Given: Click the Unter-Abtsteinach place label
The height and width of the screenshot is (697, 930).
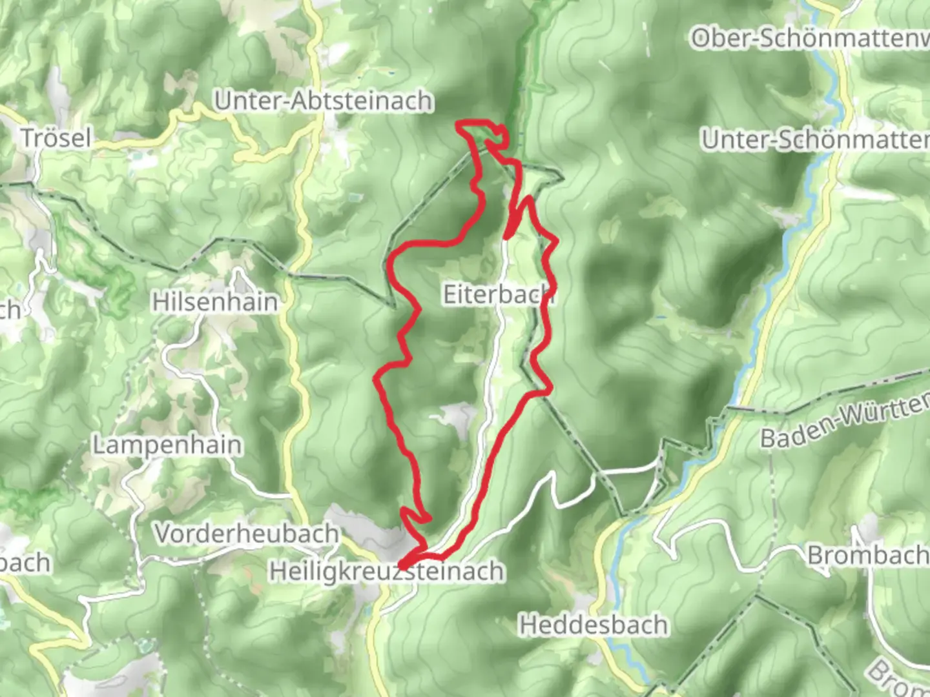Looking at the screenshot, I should coord(324,101).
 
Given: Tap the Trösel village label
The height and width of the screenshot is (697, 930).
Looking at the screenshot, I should coord(56,138).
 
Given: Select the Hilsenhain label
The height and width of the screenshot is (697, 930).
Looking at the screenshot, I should coord(215,302).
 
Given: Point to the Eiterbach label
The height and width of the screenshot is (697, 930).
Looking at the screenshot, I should coord(498,294).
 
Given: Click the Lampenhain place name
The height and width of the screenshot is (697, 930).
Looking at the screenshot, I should coord(167,445).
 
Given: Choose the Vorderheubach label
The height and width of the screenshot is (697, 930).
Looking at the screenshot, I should coord(247,534).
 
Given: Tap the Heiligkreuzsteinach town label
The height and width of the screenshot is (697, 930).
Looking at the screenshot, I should coord(386,572).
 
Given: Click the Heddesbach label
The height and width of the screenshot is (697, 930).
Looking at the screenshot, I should coord(594,625).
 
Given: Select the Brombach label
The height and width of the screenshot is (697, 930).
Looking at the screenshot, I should coord(867,555).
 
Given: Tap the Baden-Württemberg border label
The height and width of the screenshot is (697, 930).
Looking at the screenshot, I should coord(843,423).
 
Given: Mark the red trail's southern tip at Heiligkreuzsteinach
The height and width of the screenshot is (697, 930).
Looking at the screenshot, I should coord(402,565).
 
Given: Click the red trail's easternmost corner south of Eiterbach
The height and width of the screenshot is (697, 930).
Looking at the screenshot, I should coord(549,390).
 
